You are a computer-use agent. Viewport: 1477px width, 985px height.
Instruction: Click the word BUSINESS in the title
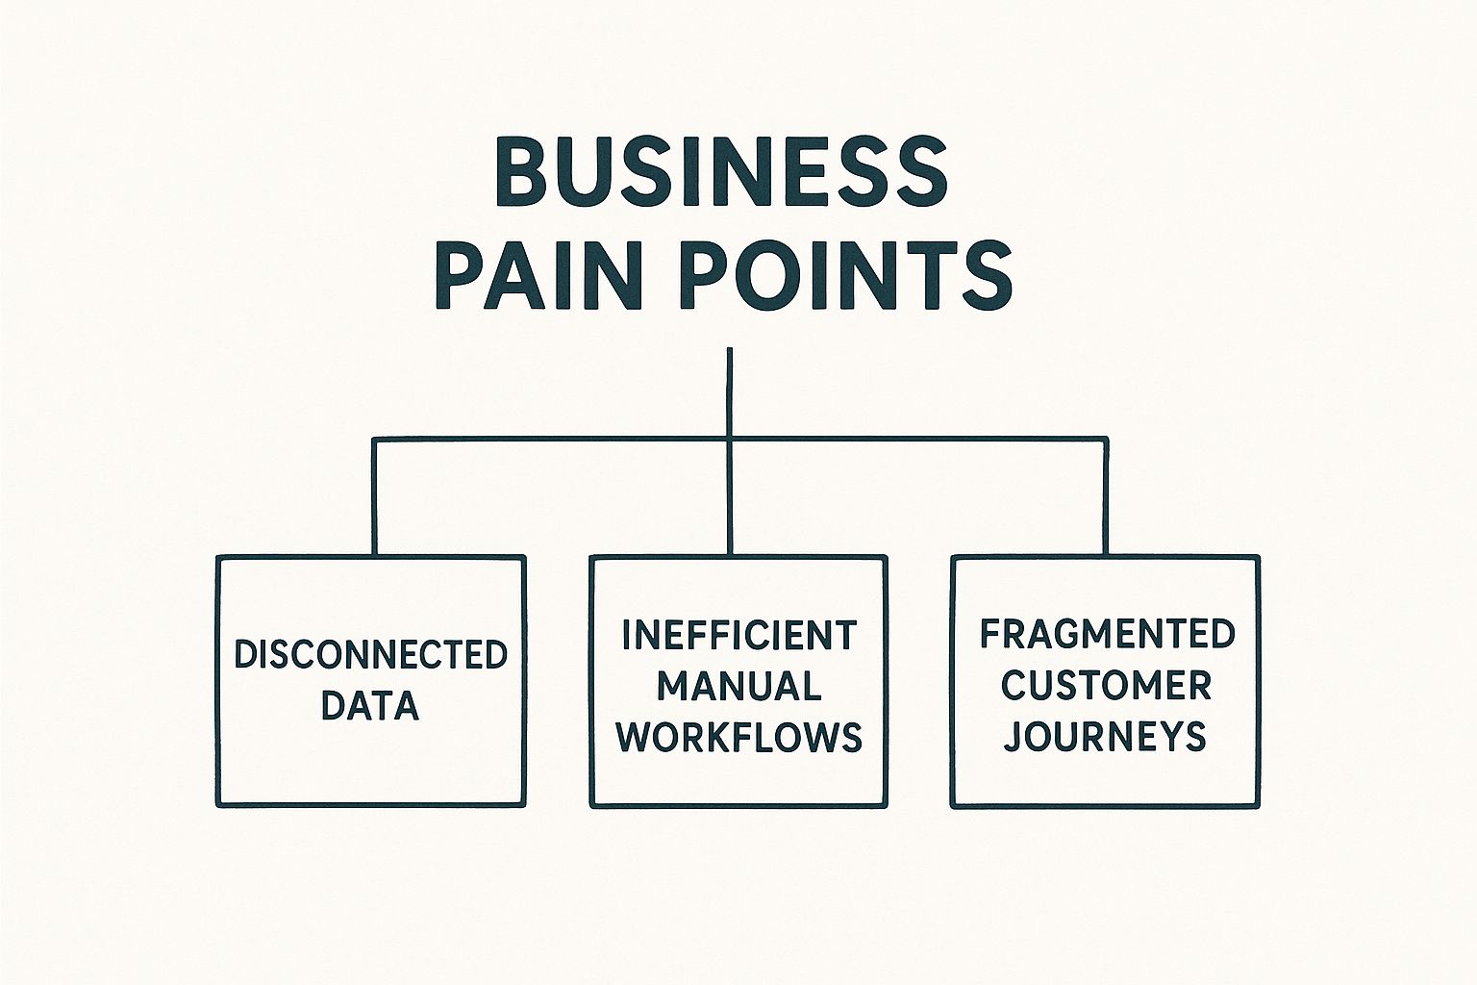(x=720, y=172)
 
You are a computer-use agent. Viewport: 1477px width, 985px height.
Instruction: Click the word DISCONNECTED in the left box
(x=371, y=655)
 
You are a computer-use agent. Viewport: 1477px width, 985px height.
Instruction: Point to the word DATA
(x=370, y=706)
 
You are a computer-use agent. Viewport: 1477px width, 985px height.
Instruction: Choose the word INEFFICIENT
(x=738, y=636)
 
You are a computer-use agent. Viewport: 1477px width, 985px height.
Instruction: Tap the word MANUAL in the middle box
(x=738, y=687)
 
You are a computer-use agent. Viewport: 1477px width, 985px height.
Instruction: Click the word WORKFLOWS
(x=738, y=737)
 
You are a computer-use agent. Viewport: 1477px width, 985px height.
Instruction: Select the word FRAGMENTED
(x=1107, y=635)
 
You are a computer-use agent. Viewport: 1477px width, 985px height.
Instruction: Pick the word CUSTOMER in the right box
(x=1106, y=686)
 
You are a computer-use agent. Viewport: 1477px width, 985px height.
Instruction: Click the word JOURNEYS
(x=1105, y=737)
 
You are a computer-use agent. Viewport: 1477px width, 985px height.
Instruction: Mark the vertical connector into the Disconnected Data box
(x=374, y=498)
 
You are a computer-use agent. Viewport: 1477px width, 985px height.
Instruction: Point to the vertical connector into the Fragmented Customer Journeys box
(x=1106, y=498)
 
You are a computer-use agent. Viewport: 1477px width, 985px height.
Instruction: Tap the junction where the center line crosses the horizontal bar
(x=730, y=441)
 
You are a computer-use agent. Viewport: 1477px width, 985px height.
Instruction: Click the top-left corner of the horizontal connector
(x=375, y=441)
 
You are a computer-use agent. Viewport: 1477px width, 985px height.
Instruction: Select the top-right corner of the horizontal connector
(x=1106, y=441)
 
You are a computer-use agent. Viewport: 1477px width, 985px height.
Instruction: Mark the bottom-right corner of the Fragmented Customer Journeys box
(x=1257, y=804)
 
